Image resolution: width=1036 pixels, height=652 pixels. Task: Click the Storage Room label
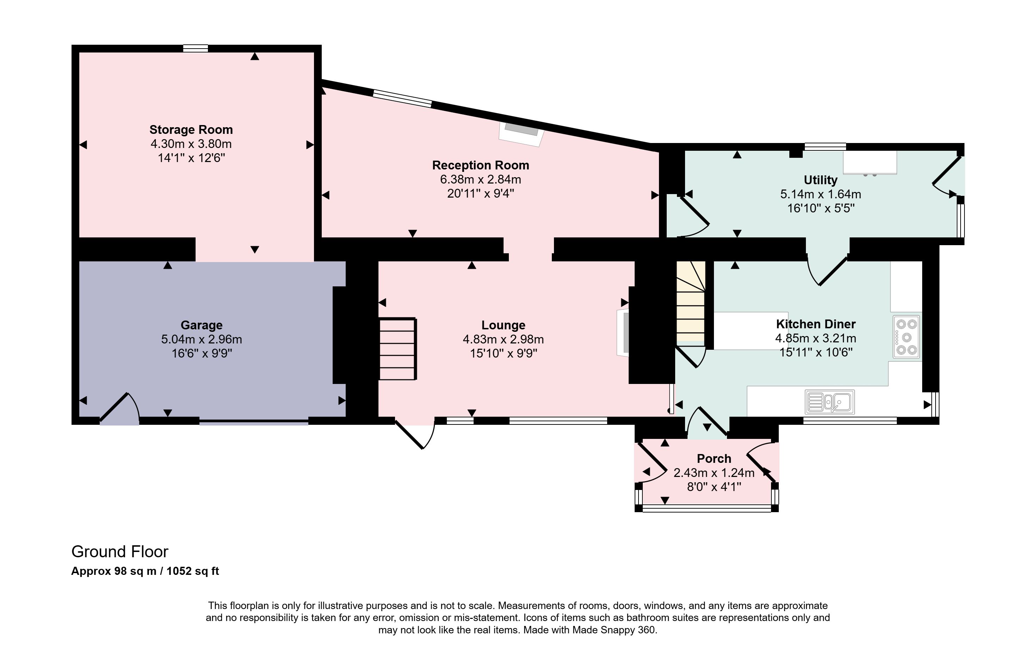191,130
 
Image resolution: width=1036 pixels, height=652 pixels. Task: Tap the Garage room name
201,325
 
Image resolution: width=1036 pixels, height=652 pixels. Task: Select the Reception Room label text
481,166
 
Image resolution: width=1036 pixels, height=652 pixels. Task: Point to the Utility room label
820,180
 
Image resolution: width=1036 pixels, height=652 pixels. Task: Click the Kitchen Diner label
816,324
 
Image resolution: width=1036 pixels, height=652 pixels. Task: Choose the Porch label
714,459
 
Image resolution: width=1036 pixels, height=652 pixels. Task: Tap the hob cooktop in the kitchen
906,337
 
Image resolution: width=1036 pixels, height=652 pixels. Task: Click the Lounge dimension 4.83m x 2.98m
503,339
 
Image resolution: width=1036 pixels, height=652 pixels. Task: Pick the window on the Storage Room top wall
195,48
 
